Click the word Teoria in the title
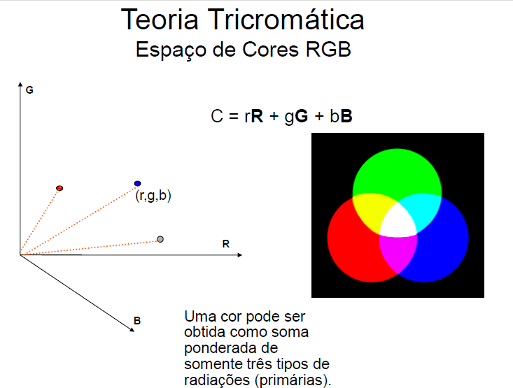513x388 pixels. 158,20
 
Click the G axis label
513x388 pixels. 29,91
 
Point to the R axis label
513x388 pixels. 226,245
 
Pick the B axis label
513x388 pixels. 137,321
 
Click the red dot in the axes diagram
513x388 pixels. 59,188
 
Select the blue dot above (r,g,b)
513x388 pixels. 137,184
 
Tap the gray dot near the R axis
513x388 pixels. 160,240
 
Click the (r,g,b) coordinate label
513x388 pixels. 153,196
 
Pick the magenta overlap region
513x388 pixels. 397,252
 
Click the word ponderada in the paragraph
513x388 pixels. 216,349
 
